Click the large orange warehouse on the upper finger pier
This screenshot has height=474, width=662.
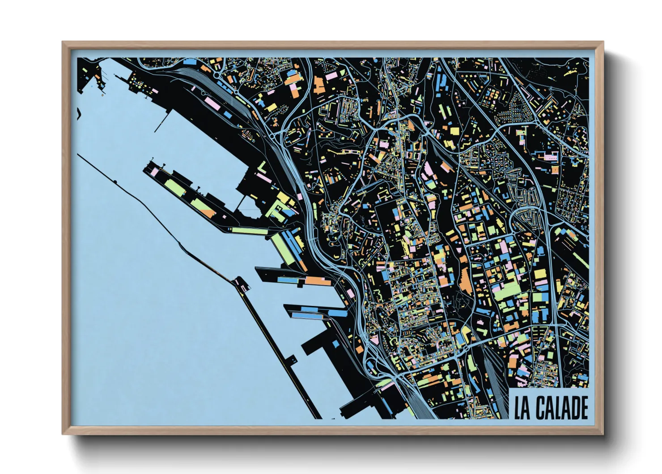pos(317,281)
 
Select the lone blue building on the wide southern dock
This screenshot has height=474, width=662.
pos(335,344)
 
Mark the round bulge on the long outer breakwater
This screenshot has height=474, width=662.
pos(115,182)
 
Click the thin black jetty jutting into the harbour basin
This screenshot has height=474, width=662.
pos(162,119)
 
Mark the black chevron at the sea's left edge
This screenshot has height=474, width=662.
pos(79,114)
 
